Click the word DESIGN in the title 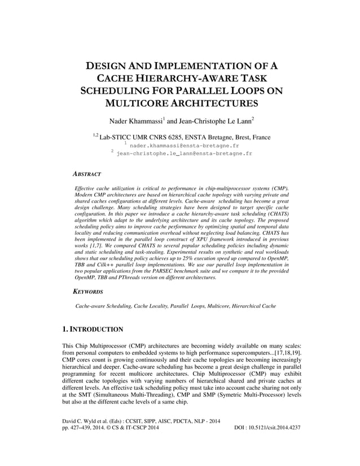tap(107, 66)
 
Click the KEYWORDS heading tap(89, 292)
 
